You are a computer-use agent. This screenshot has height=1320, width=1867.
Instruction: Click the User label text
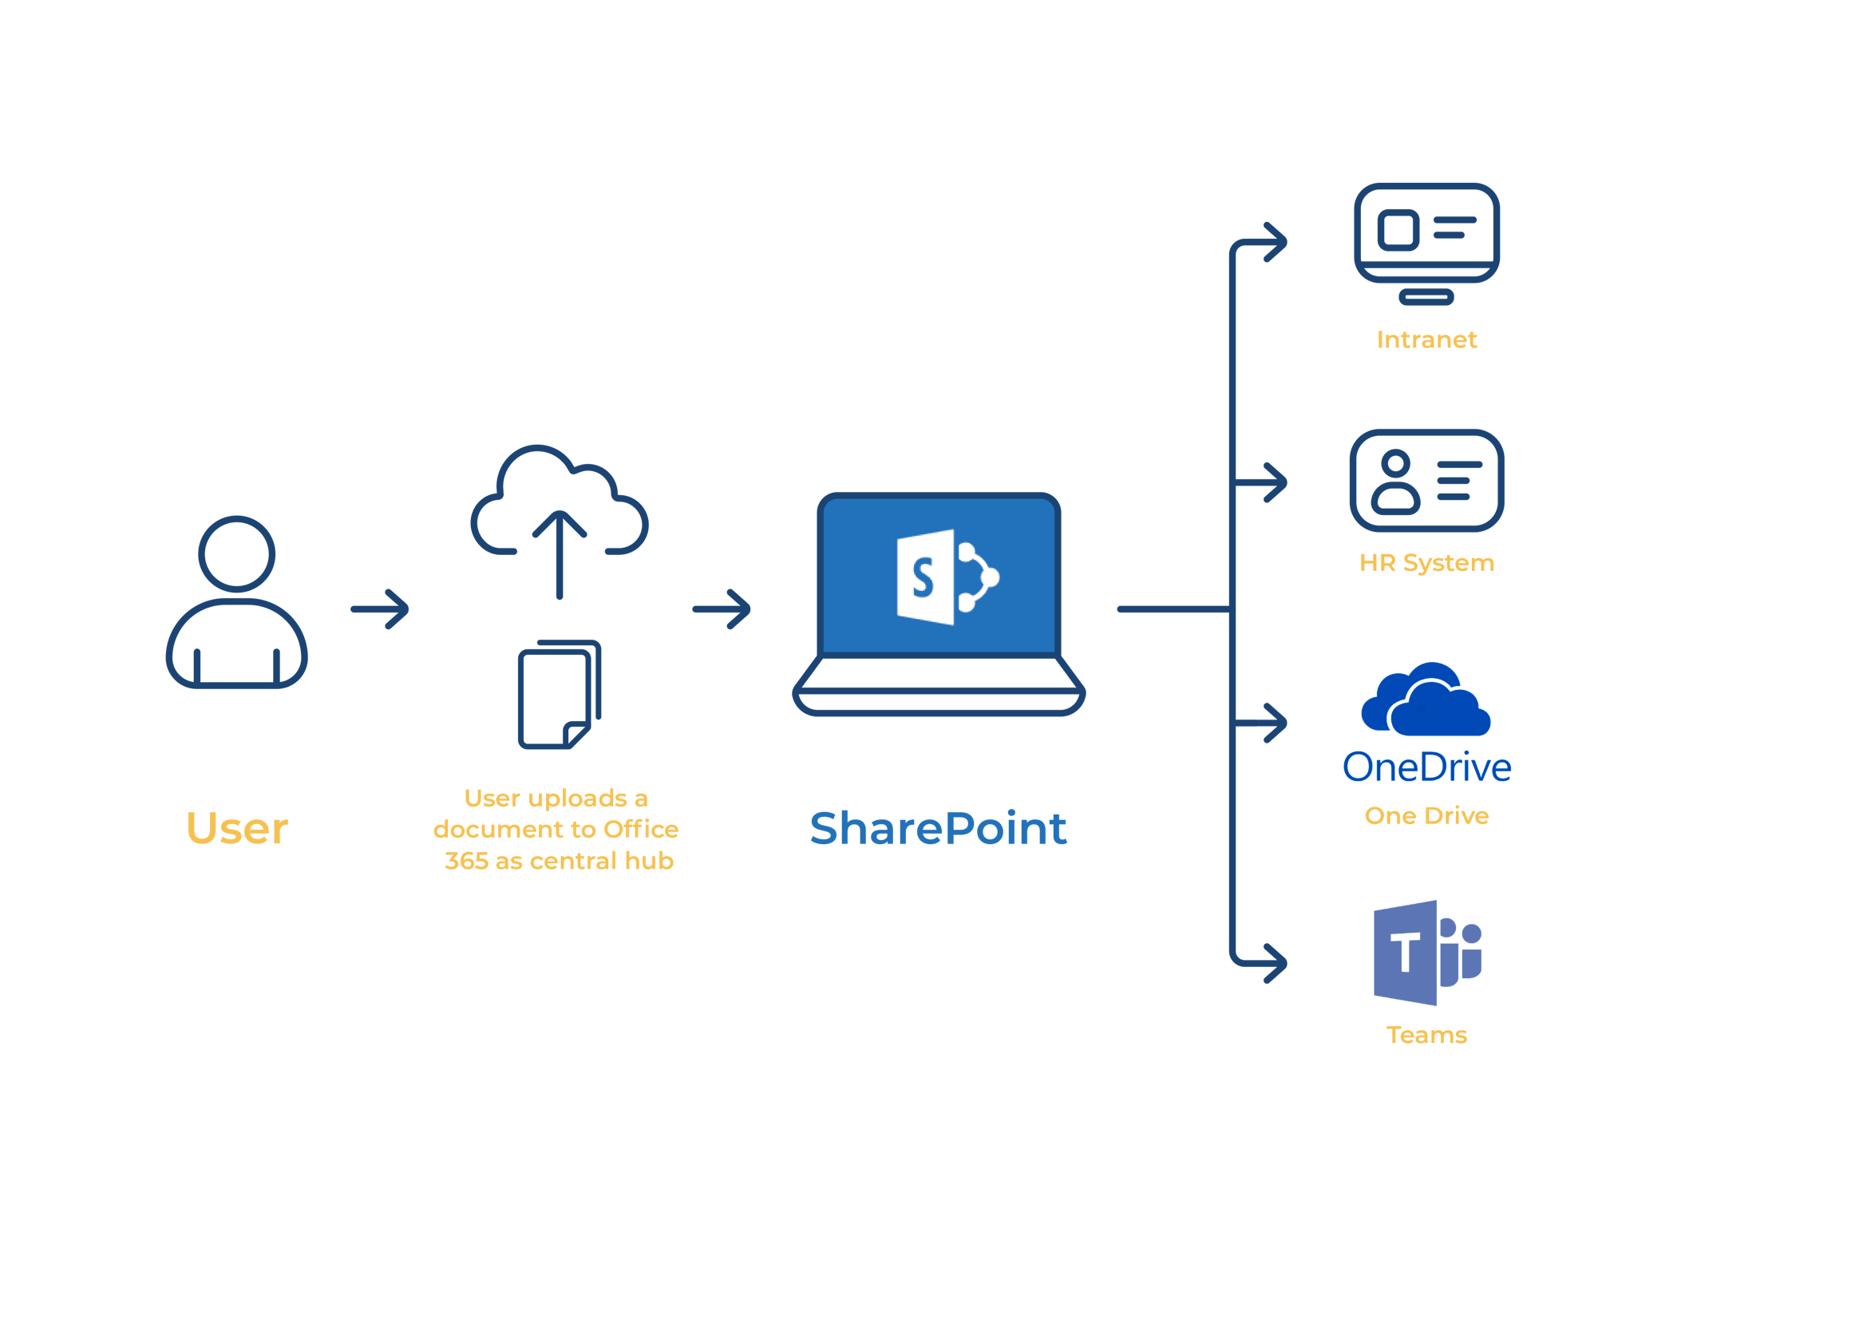236,829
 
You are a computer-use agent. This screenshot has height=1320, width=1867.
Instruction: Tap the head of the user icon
236,554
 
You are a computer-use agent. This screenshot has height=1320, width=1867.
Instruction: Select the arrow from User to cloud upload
381,609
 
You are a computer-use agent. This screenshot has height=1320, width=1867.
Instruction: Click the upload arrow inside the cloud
560,553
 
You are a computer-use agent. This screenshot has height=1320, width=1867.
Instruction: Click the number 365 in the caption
466,861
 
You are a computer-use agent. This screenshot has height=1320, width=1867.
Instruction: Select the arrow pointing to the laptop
722,609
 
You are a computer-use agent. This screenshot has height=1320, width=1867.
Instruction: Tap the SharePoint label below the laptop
939,829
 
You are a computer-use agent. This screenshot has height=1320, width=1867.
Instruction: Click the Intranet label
1426,339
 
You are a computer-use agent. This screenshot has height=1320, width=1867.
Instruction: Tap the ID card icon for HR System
1426,481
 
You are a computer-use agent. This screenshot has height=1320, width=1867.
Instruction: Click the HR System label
1426,562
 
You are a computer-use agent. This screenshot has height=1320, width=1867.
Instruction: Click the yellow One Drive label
1426,815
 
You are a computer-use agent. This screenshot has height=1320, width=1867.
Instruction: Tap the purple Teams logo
1426,953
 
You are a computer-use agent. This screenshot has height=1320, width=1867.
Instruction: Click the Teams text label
1426,1035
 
